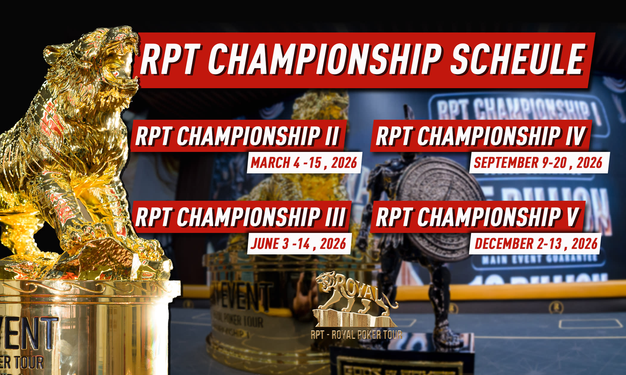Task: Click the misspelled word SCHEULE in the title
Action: [x=517, y=60]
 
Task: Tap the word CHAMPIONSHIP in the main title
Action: [x=323, y=60]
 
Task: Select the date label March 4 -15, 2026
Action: [x=304, y=163]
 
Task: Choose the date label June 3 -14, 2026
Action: [x=298, y=244]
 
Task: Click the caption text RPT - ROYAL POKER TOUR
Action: [x=356, y=335]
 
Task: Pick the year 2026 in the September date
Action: [x=589, y=163]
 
